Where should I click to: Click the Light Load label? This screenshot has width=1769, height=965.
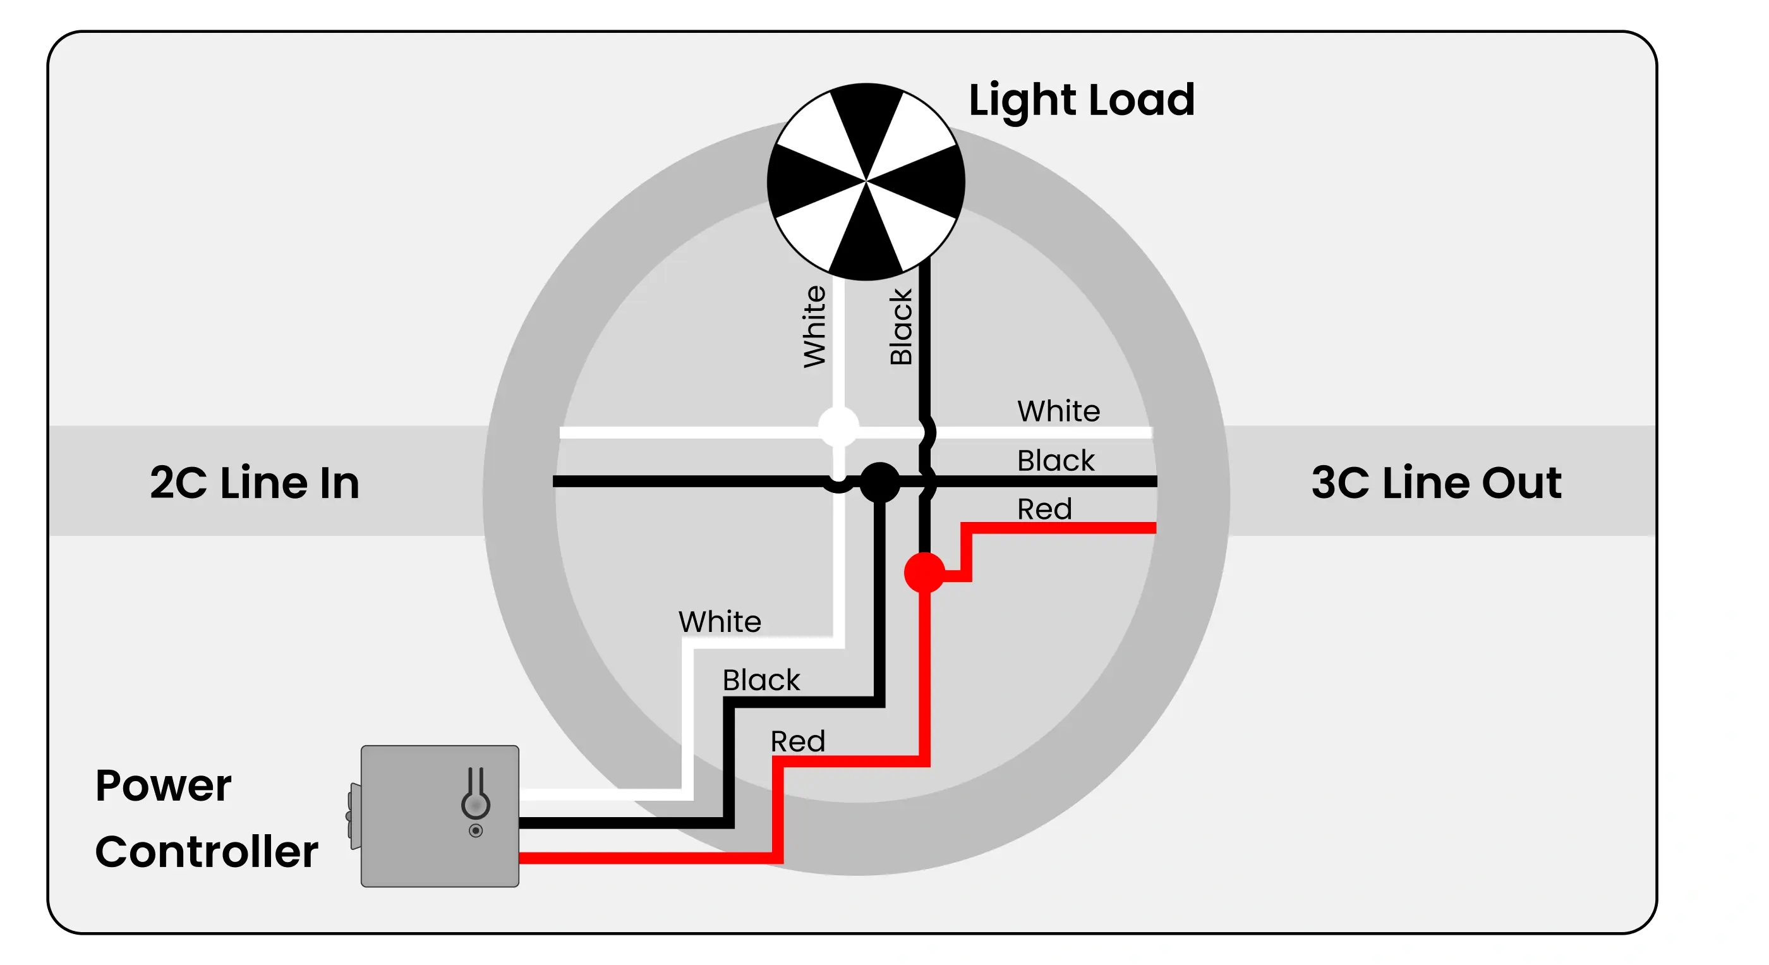point(1081,100)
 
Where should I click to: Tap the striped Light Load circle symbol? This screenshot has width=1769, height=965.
point(866,182)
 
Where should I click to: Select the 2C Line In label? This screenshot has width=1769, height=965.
point(254,482)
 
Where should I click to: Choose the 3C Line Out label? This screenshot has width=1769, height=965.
point(1436,482)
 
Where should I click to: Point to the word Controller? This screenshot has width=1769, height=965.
point(206,852)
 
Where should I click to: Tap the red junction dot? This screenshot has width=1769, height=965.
point(924,572)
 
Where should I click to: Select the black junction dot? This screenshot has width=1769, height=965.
point(879,482)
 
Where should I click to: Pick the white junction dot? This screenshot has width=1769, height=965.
point(838,427)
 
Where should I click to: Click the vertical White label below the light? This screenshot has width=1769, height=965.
point(815,326)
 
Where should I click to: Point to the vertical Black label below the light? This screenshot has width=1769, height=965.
point(900,326)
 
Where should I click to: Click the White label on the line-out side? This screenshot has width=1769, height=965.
point(1058,411)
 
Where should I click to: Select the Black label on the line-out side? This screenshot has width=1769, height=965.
point(1056,460)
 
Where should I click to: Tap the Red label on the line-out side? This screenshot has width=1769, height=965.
point(1044,509)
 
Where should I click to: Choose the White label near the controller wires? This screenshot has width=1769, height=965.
point(720,622)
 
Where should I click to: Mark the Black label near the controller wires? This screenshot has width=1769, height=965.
point(761,680)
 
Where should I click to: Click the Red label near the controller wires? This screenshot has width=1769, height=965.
point(797,741)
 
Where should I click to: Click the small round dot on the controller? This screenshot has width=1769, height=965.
point(476,831)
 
